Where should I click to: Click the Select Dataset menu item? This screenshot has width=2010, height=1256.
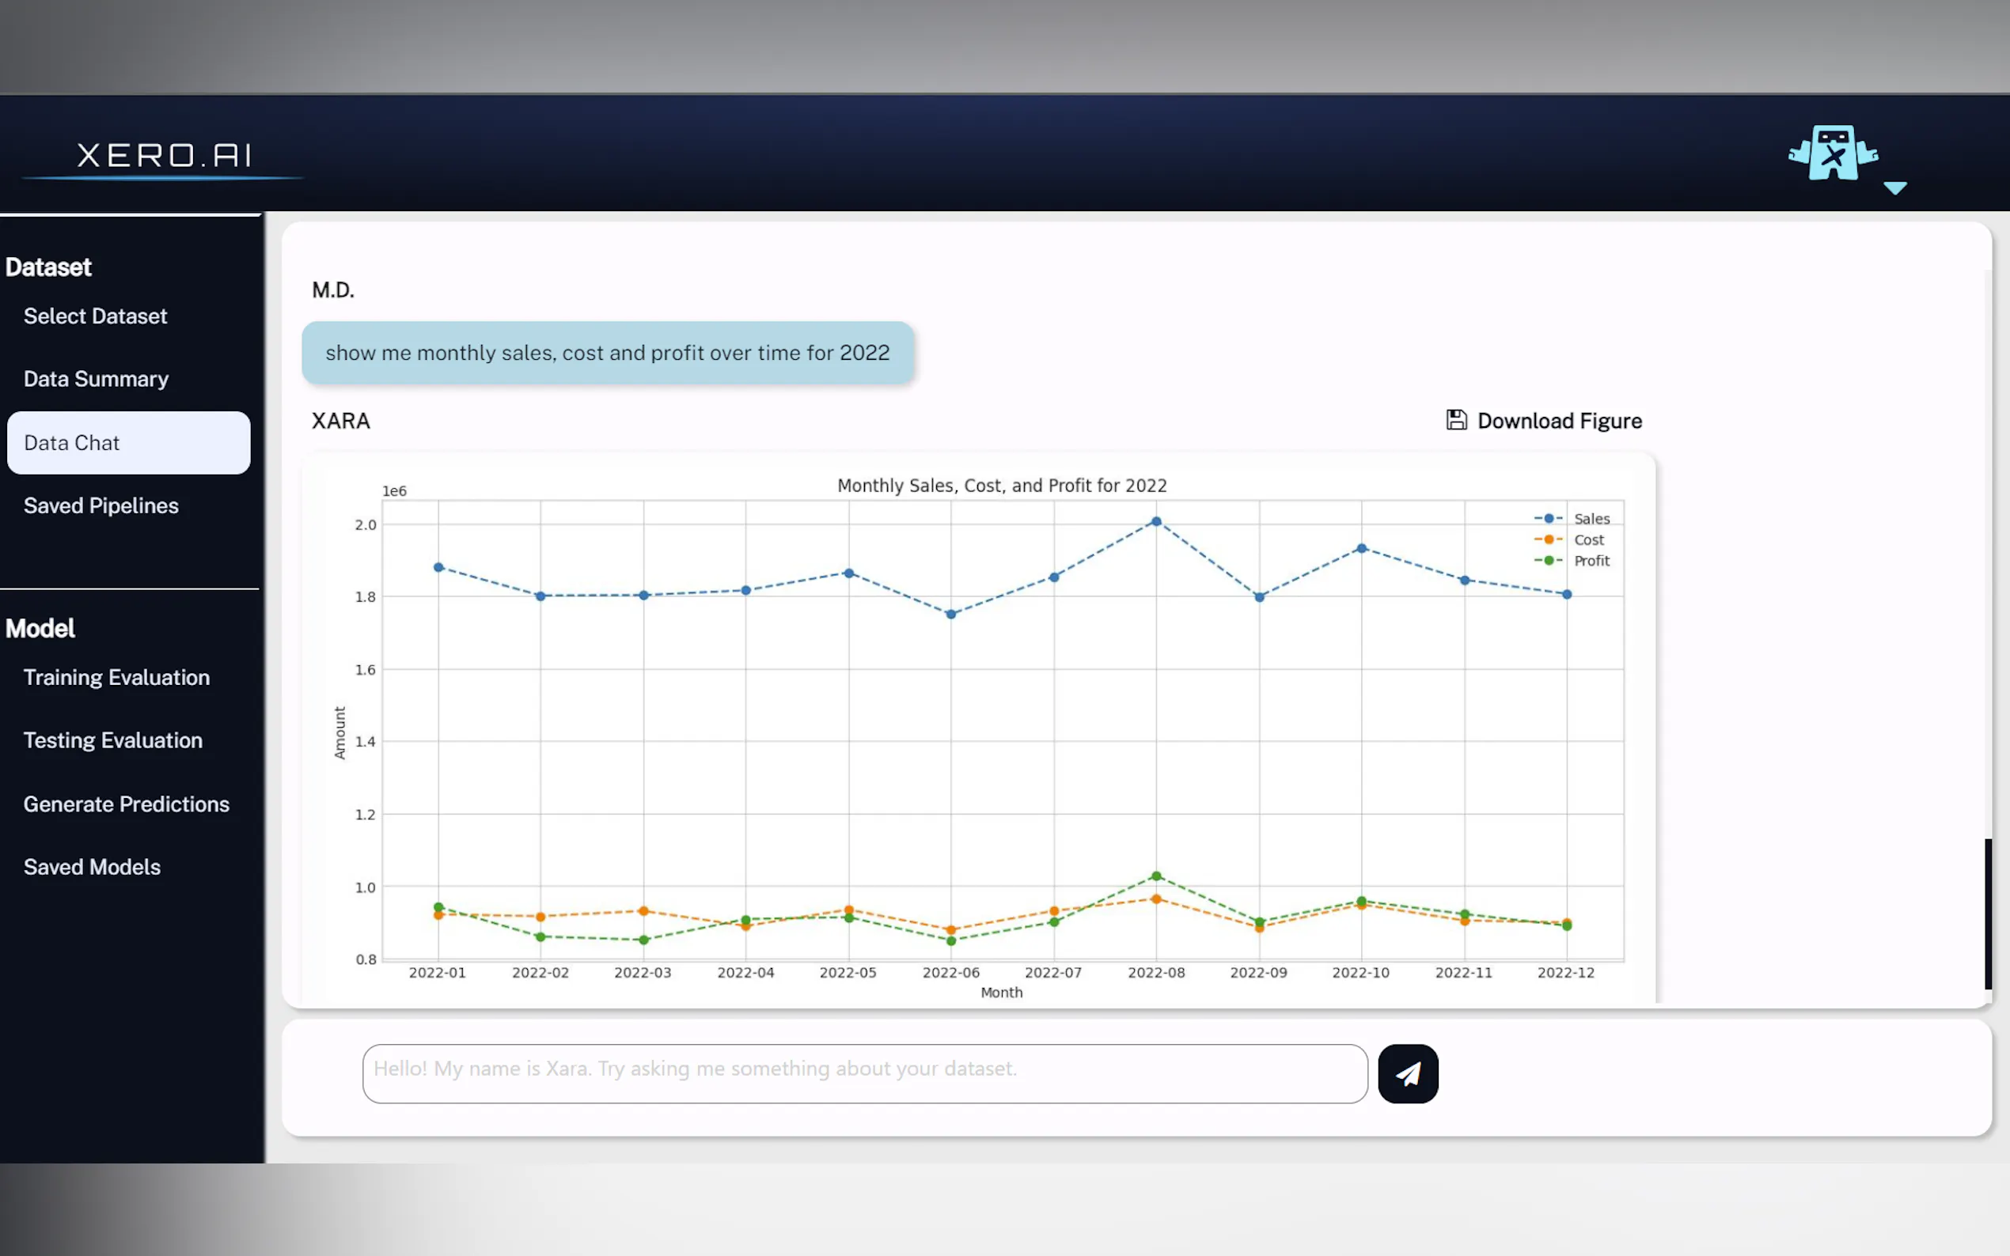[95, 316]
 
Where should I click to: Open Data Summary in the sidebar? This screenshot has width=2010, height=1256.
[96, 380]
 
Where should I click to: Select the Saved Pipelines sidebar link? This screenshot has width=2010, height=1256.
[100, 506]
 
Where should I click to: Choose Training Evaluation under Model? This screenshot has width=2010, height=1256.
[116, 678]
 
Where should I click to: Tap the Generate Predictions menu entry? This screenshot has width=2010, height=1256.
[127, 804]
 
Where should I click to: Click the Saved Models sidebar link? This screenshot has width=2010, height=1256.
[92, 867]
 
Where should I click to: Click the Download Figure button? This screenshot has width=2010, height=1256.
[1544, 421]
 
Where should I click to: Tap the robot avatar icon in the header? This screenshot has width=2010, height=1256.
[1833, 153]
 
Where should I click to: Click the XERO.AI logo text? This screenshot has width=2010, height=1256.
[164, 155]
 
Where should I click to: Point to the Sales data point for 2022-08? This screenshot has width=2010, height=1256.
[1156, 522]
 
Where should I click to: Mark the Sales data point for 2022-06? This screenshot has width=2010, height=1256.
[951, 615]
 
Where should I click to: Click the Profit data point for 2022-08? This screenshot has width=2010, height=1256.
[1156, 876]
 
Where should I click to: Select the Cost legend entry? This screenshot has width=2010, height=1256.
[1588, 540]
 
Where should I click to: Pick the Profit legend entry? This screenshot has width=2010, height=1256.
[1591, 561]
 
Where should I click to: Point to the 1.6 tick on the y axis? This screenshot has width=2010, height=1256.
[366, 670]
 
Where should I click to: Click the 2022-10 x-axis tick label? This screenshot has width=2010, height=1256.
[1360, 973]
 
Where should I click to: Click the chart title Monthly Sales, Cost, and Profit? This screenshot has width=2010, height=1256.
[1001, 486]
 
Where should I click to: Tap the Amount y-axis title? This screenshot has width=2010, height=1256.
[339, 732]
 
